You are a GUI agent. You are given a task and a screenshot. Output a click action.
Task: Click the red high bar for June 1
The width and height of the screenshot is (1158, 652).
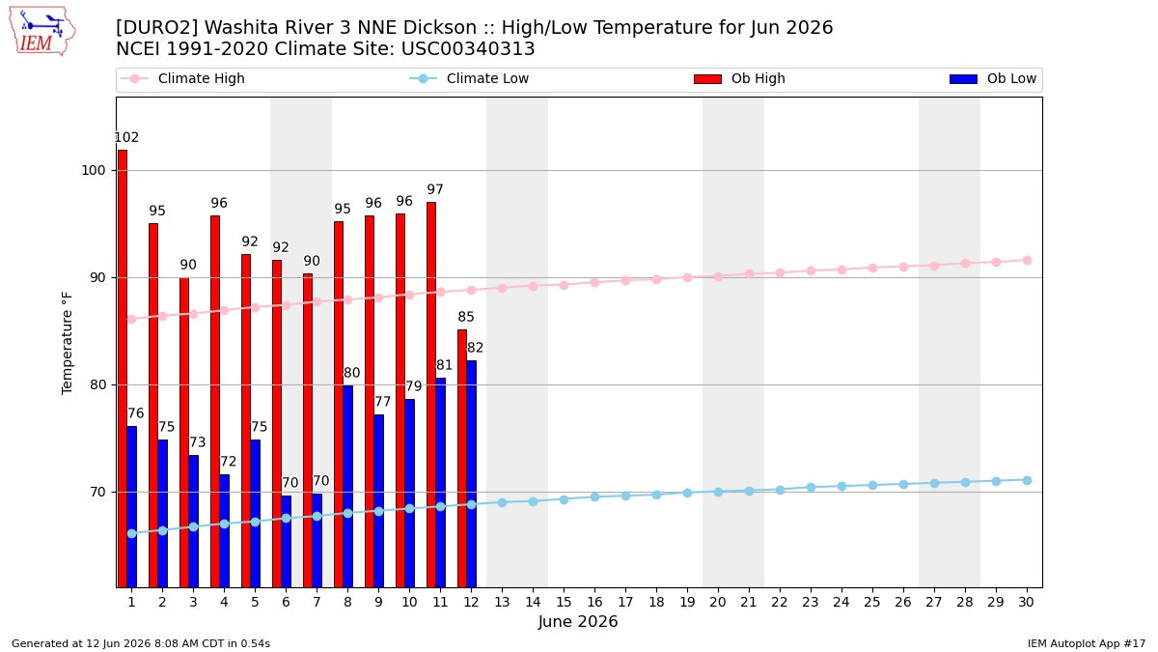click(x=123, y=368)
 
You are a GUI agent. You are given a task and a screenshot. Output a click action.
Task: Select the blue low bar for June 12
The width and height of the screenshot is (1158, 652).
click(x=472, y=474)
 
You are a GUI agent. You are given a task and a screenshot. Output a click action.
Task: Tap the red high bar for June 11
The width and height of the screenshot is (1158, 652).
click(x=431, y=395)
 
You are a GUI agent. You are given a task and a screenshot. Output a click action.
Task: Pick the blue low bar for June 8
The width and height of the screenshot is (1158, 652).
click(x=348, y=487)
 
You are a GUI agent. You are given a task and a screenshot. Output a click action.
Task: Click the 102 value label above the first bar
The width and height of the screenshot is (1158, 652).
click(x=126, y=137)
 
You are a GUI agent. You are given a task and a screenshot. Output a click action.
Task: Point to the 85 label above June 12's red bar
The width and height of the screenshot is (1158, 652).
click(x=466, y=317)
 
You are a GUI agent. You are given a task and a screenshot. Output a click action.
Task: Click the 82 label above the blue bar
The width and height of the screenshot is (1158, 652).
click(x=475, y=348)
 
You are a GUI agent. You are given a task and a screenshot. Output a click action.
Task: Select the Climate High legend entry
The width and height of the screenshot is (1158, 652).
click(x=183, y=78)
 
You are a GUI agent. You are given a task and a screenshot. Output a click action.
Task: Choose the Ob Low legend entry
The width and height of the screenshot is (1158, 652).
click(x=993, y=78)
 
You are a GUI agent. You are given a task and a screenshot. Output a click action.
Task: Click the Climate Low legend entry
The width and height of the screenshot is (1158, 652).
click(x=469, y=78)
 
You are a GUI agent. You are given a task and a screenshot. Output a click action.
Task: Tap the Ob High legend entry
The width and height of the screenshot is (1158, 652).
click(x=740, y=78)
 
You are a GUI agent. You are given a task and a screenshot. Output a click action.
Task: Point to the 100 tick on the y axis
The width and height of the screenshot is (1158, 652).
click(x=93, y=170)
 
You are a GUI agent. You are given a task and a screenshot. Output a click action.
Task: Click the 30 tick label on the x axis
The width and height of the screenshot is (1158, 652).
click(x=1026, y=603)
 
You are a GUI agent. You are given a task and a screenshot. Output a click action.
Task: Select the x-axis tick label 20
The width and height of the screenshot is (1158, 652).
click(x=718, y=603)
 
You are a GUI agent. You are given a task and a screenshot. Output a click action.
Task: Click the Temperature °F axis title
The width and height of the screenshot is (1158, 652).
click(x=68, y=343)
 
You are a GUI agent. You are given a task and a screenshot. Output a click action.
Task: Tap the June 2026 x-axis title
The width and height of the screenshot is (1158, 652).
click(x=578, y=621)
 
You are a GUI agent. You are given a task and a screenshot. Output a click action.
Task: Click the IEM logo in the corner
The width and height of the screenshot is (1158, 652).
click(x=42, y=31)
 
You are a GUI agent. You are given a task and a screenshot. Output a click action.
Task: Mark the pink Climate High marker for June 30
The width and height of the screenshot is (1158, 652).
click(x=1027, y=260)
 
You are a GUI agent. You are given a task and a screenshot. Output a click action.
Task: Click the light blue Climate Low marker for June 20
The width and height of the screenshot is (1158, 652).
click(x=718, y=492)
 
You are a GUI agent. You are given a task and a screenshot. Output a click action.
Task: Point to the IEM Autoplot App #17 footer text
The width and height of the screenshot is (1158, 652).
click(x=1087, y=643)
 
